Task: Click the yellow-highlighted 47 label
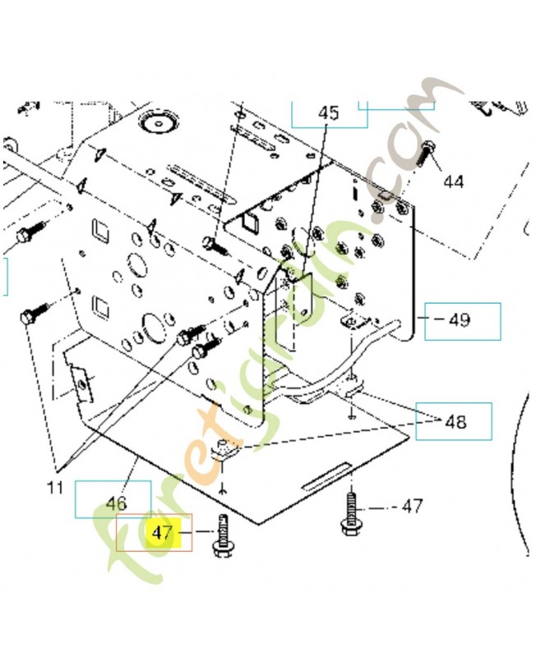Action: click(161, 532)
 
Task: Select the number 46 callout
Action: click(116, 501)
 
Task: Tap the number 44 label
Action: click(453, 181)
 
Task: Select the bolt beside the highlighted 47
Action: click(223, 535)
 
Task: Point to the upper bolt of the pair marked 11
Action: click(189, 333)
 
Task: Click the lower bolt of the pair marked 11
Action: click(201, 351)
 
